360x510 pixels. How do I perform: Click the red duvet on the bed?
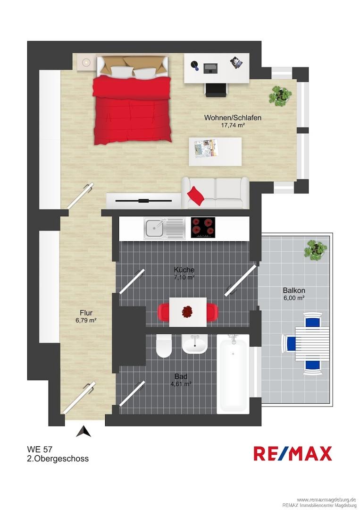pos(132,110)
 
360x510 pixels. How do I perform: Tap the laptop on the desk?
pos(210,68)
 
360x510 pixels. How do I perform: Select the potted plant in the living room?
pos(280,96)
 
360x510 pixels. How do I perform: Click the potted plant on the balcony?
pos(316,250)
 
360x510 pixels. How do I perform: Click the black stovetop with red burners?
pos(203,227)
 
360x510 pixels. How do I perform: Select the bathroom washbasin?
pos(194,345)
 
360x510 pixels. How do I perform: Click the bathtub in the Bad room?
pos(233,374)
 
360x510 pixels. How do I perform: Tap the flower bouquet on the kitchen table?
pos(187,312)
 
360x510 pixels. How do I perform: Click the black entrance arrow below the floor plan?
pos(84,431)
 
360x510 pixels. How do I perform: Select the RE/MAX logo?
pos(293,453)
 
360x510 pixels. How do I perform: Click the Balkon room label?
pos(294,290)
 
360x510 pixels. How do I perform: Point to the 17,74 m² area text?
pos(233,125)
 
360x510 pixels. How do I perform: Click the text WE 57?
pos(40,449)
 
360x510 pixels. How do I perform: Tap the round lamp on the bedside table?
pos(86,62)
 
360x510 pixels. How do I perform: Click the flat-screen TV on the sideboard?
pos(143,201)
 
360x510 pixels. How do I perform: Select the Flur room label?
pos(86,313)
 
